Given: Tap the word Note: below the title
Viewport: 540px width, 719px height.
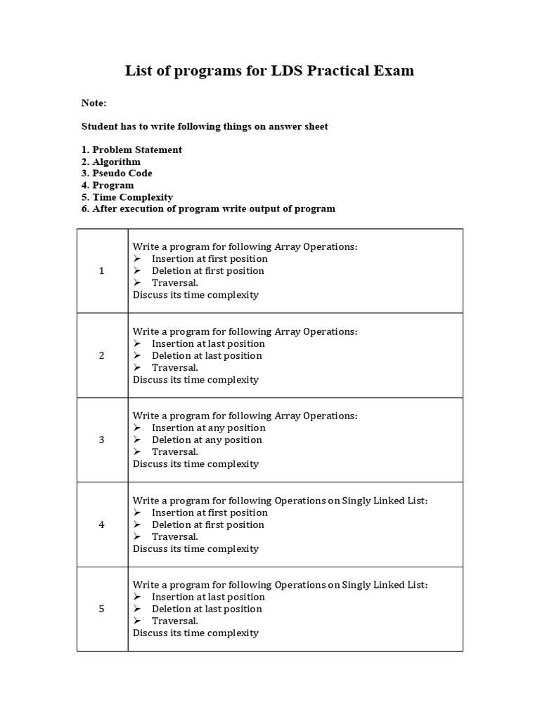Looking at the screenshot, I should coord(94,103).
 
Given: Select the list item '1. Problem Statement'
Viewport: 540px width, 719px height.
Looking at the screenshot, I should coord(131,150).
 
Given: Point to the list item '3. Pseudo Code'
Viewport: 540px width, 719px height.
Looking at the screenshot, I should coord(117,173).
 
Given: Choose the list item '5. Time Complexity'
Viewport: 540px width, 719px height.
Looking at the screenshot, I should coord(127,197).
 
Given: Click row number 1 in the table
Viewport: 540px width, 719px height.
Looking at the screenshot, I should coord(102,271).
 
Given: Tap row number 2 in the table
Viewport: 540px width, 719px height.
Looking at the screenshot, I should coord(102,355).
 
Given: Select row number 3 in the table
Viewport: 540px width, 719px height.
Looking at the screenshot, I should coord(102,440).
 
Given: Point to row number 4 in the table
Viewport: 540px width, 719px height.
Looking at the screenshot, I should coord(102,525).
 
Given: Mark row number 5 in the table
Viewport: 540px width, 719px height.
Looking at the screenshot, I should coord(102,609).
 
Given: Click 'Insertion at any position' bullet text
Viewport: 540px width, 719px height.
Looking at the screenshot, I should coord(209,428).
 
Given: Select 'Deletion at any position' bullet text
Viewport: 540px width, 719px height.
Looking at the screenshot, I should coord(207,440).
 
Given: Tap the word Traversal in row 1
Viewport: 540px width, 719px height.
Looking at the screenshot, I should coord(174,283).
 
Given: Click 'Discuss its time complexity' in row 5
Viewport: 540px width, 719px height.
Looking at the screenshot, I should coord(195,633).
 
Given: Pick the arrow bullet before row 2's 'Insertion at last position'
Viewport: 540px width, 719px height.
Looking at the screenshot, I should coord(137,343).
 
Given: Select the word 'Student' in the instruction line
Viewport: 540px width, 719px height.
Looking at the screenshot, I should coord(101,126).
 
